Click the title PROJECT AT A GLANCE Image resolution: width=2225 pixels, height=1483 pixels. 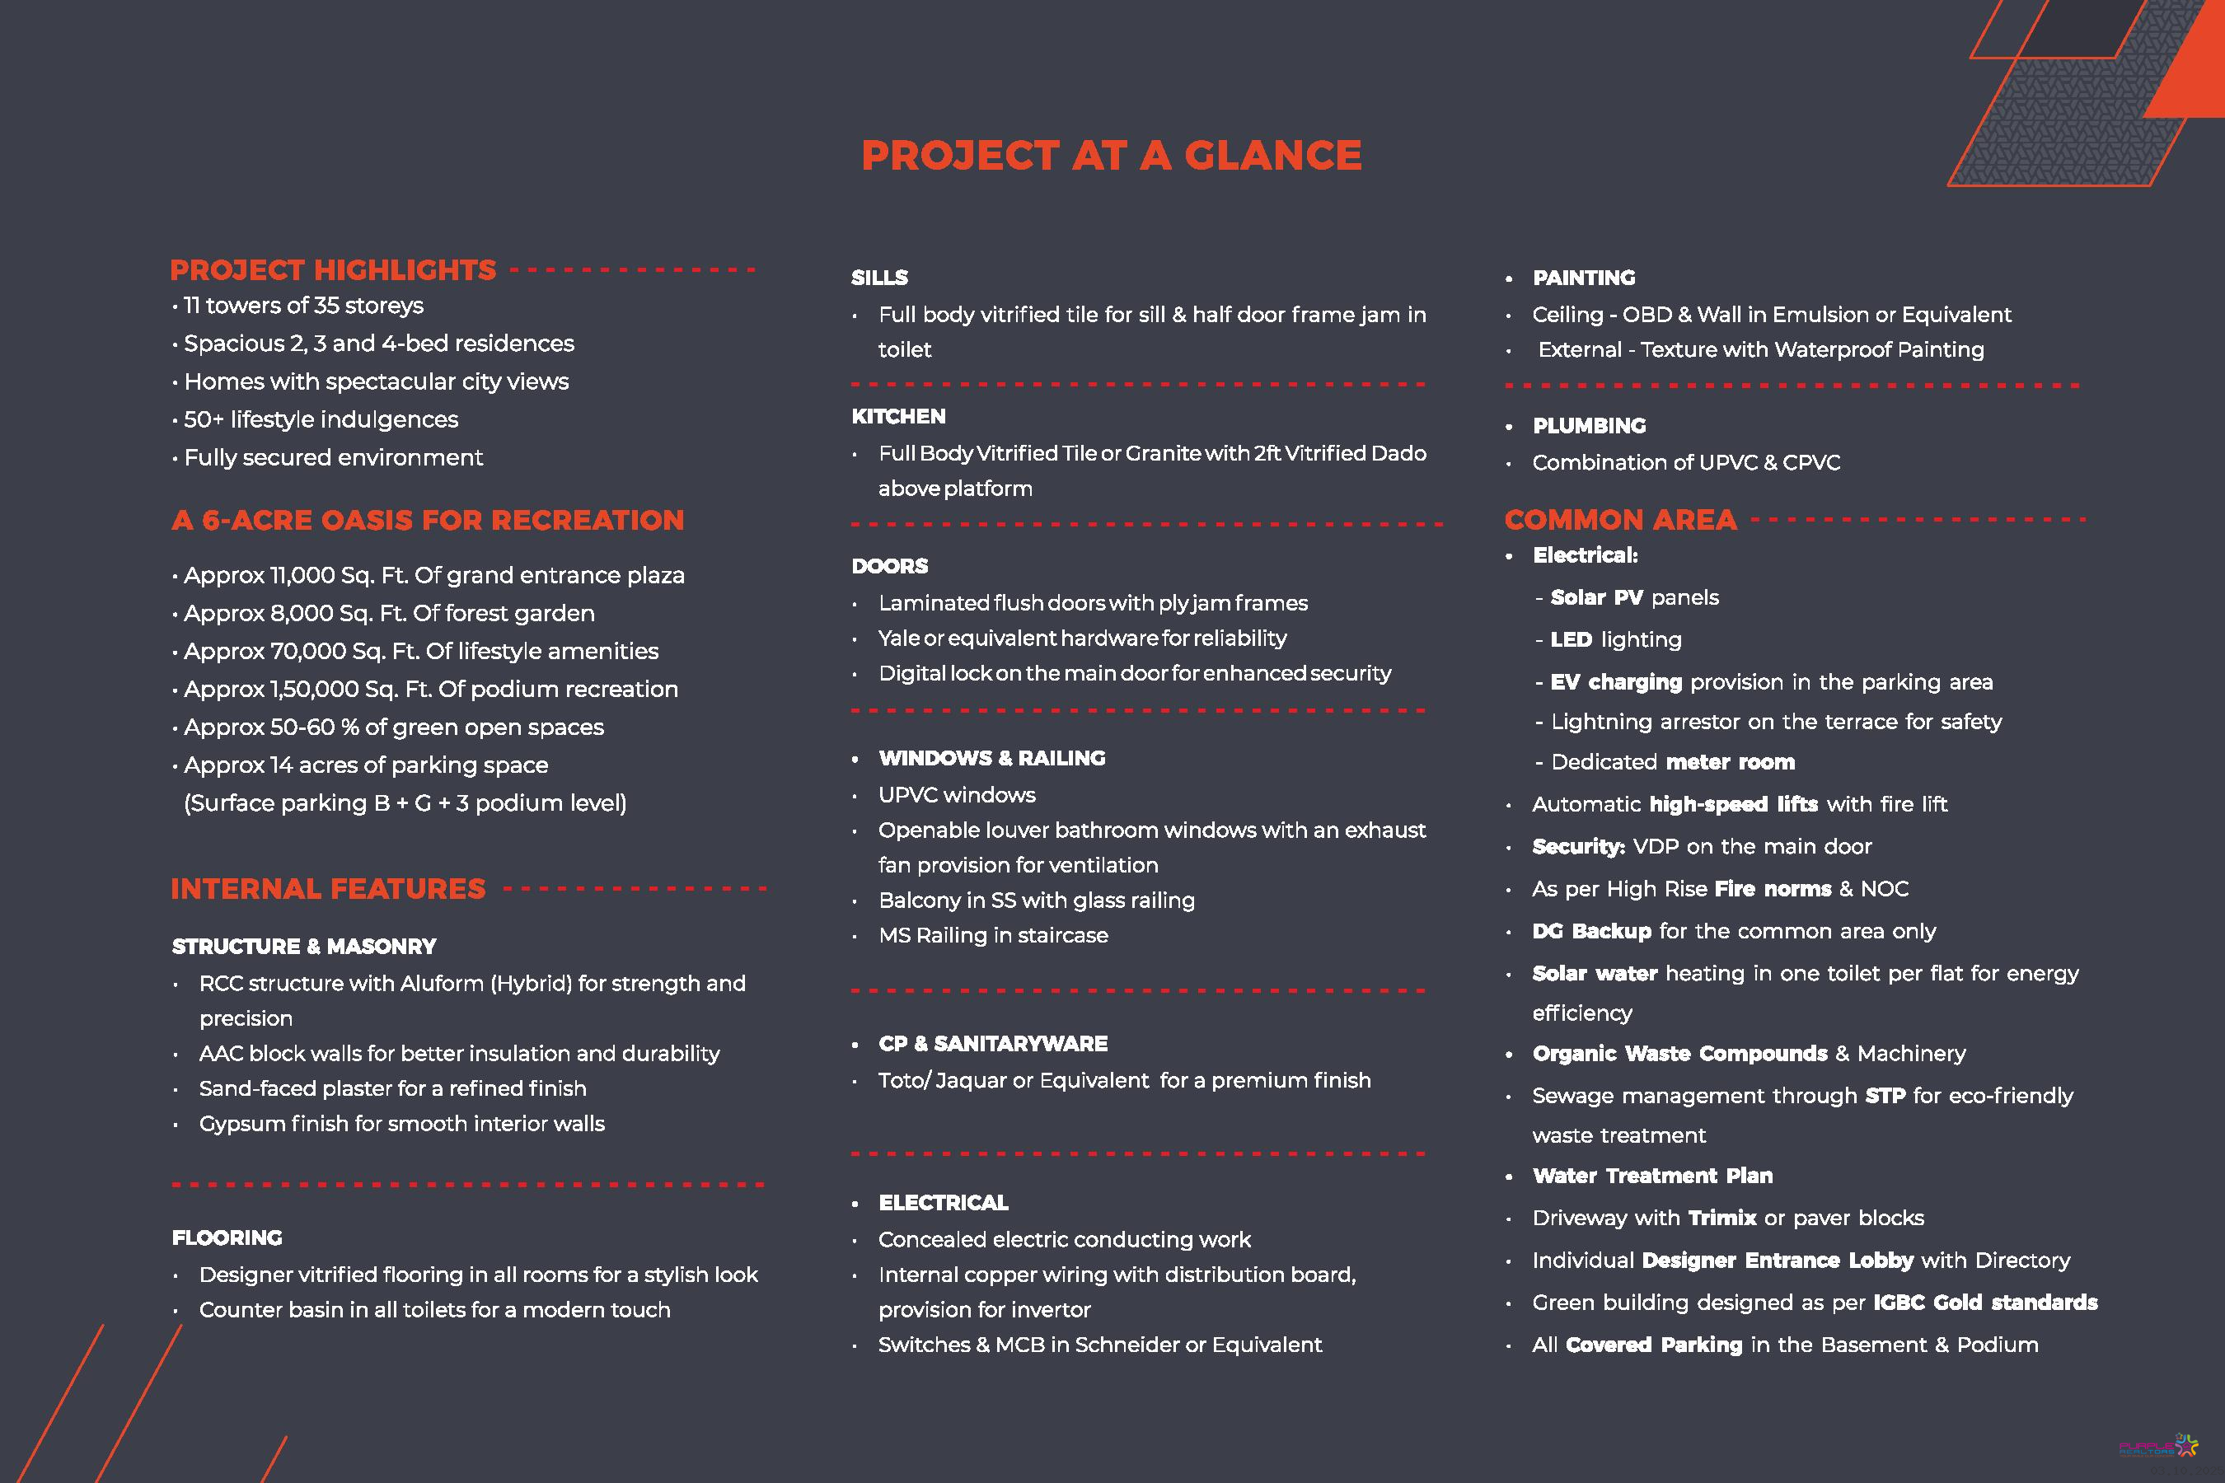click(1111, 156)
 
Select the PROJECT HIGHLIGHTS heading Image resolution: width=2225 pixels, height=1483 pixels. click(333, 270)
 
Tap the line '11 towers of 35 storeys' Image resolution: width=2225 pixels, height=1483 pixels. click(302, 306)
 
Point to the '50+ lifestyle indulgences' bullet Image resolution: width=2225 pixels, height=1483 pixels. click(321, 419)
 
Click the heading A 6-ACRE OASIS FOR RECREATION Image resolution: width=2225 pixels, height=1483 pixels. click(428, 520)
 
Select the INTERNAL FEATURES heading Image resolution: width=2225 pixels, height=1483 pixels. click(328, 889)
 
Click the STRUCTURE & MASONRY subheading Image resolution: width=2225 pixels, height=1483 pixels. click(303, 947)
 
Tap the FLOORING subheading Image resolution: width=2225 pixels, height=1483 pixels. click(227, 1238)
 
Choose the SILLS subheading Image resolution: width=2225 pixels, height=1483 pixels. click(878, 278)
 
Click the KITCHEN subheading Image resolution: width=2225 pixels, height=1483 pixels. click(897, 416)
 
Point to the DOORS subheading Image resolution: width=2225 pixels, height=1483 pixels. click(889, 567)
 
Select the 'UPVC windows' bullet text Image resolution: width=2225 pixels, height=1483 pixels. click(957, 795)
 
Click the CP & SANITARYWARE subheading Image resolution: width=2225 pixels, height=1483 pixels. click(992, 1044)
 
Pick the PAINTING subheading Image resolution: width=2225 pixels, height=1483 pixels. click(1584, 278)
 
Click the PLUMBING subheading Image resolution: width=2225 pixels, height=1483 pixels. click(1590, 426)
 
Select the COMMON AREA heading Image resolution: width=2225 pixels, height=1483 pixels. click(1620, 520)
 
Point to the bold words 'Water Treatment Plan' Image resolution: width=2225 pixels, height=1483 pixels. click(1652, 1176)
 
